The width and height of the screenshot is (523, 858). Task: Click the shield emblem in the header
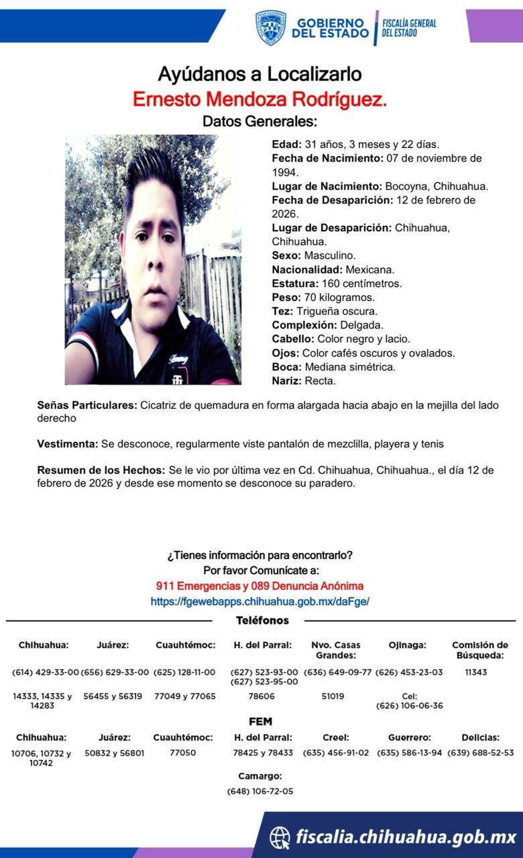pos(271,27)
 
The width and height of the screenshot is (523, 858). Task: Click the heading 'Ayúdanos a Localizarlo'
pos(259,74)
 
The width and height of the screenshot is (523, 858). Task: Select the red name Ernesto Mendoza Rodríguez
pos(259,99)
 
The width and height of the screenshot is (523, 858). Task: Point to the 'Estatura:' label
pos(295,284)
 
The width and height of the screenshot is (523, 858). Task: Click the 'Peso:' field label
pos(286,297)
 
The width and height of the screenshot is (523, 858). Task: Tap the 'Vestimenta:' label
pos(67,444)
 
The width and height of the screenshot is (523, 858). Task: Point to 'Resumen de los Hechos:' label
pos(101,471)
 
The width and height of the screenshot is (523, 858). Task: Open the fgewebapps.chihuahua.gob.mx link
pos(259,602)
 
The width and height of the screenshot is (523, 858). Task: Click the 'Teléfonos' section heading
pos(262,621)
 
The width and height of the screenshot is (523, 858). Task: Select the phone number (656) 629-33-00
pos(115,672)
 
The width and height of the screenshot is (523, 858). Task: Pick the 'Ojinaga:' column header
pos(407,645)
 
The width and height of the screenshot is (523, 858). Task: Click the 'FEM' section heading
pos(259,721)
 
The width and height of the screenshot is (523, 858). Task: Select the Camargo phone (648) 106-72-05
pos(259,791)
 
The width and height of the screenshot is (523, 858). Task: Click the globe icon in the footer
pos(280,837)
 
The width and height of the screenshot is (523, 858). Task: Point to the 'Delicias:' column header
pos(480,737)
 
